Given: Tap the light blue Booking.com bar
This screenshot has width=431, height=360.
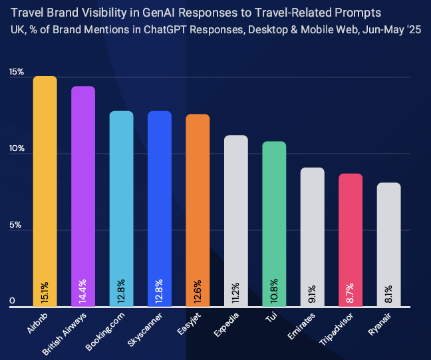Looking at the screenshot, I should pos(122,200).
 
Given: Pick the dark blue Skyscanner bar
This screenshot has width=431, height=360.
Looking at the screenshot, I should pos(160,200).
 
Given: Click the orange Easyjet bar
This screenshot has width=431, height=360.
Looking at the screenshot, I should pos(198,200).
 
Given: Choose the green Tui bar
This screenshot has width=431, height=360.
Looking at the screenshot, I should pos(274,213).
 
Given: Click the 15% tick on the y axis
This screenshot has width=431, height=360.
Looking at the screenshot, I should pos(17,72).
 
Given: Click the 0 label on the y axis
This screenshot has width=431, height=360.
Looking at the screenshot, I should pos(13,301).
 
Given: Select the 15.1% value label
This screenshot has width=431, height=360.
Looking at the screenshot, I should pos(45,291).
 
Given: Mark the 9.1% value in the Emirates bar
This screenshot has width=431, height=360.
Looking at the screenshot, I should pos(313,293).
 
